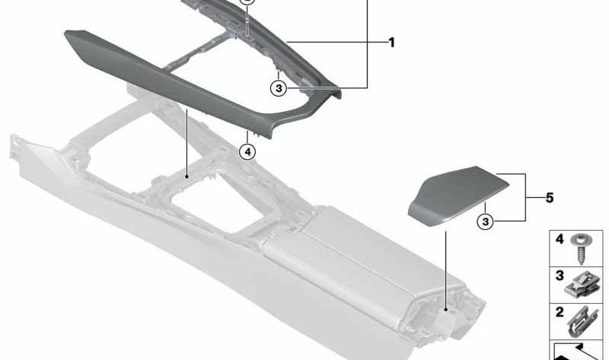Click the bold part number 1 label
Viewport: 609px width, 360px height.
point(391,43)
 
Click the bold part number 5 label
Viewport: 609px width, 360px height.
point(550,198)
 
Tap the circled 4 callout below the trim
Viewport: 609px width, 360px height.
point(248,151)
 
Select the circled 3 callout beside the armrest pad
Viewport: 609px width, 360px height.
point(486,221)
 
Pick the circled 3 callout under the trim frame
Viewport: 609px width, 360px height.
point(279,88)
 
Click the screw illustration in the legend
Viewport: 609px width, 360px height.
point(581,249)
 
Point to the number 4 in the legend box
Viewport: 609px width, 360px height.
point(560,239)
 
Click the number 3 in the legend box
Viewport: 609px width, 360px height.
point(560,276)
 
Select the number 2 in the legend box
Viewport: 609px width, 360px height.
point(560,312)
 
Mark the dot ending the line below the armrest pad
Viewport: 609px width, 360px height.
point(446,310)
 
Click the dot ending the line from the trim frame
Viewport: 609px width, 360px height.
point(187,177)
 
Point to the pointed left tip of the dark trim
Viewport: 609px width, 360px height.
point(65,33)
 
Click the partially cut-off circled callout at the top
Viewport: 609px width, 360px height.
point(247,2)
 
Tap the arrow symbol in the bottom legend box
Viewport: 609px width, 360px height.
point(579,352)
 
